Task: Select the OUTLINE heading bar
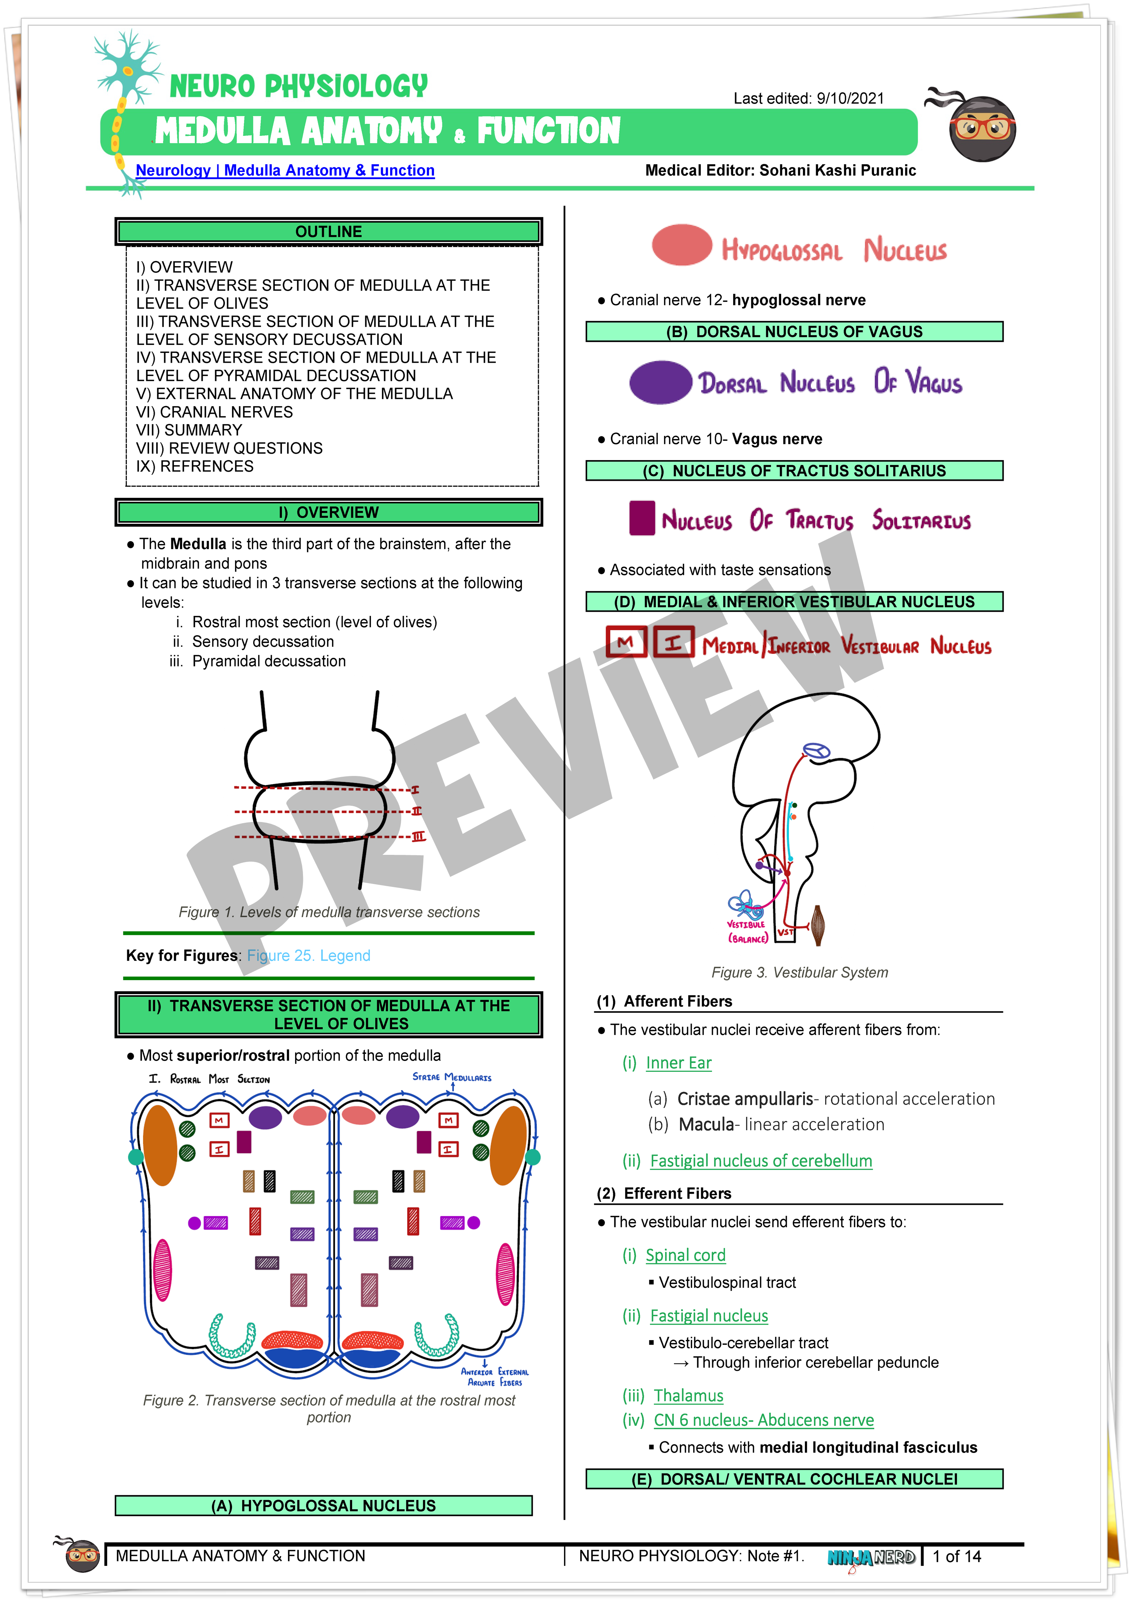point(328,231)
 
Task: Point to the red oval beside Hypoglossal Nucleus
point(681,245)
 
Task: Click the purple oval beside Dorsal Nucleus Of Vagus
point(660,382)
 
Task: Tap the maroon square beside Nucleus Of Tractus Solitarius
point(641,518)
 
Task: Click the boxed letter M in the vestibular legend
point(625,642)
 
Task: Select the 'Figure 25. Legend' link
point(308,955)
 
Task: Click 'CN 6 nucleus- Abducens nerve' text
point(763,1420)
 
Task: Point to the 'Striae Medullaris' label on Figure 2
point(452,1077)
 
